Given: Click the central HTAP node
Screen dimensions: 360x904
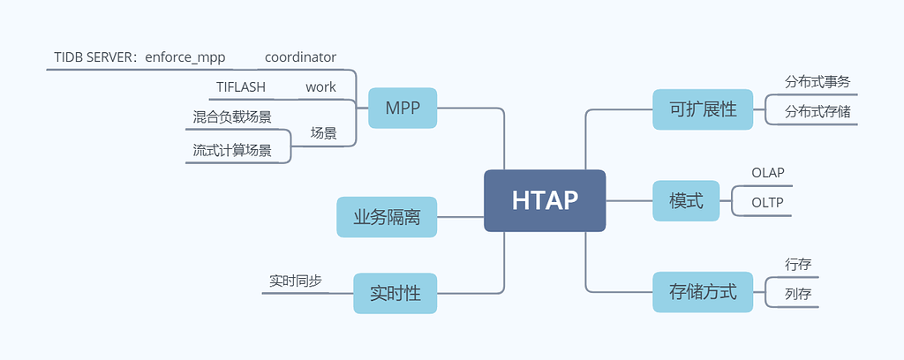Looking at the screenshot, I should [545, 200].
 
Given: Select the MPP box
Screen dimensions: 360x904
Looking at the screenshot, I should [403, 108].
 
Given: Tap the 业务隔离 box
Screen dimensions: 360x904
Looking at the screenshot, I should [387, 217].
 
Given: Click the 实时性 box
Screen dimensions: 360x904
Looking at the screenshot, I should [395, 293].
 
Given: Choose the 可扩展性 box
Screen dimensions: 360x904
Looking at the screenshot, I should [703, 109].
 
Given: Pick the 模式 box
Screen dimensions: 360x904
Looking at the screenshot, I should [686, 200].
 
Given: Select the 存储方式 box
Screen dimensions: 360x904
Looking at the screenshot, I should [703, 292].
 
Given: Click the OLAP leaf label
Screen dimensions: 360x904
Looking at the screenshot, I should [767, 173].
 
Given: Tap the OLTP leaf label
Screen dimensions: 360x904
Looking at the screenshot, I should [767, 202].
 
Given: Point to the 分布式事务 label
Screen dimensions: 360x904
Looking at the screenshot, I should [817, 82].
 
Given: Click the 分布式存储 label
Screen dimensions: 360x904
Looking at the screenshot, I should [817, 112].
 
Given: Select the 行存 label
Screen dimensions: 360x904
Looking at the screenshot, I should [797, 264].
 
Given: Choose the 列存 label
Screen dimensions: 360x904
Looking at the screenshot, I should [797, 294].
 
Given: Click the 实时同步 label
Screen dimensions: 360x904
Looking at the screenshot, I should [295, 281].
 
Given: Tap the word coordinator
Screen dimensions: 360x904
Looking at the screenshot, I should [300, 57].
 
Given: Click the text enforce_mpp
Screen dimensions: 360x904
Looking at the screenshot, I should [187, 57].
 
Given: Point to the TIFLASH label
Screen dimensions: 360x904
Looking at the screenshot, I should [241, 87].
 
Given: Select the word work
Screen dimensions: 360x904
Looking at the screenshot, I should [320, 87].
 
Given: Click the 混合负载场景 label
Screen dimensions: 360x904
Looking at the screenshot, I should [232, 116].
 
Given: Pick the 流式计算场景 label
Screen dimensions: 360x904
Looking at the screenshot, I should [232, 150].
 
